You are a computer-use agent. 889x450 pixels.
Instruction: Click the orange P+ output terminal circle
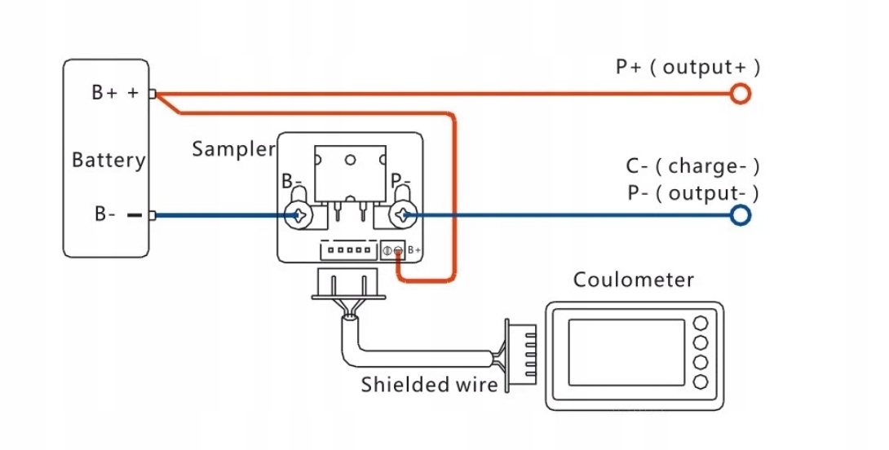[x=740, y=94]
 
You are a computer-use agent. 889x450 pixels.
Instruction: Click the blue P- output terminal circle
[x=740, y=215]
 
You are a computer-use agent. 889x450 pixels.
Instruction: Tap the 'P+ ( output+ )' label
[x=688, y=67]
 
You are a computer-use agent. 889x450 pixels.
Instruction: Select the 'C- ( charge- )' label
[x=692, y=166]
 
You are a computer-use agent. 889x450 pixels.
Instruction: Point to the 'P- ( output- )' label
[x=692, y=193]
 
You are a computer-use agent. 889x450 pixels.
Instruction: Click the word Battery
[x=108, y=159]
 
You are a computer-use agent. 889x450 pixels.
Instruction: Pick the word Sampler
[x=233, y=149]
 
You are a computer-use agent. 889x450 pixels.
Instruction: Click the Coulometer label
[x=634, y=280]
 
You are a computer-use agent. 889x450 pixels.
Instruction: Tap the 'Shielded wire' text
[x=429, y=383]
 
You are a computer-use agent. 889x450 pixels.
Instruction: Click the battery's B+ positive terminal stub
[x=152, y=94]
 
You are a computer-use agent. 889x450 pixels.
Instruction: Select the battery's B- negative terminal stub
[x=135, y=215]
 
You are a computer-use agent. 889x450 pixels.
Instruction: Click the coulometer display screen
[x=626, y=352]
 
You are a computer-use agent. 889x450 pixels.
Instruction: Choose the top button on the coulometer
[x=700, y=323]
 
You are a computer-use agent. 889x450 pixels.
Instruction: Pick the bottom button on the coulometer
[x=700, y=382]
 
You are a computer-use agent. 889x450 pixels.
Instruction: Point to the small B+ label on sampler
[x=414, y=249]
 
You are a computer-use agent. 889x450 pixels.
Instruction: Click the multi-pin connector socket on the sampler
[x=347, y=250]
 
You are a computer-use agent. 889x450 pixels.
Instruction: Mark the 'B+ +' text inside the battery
[x=115, y=93]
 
